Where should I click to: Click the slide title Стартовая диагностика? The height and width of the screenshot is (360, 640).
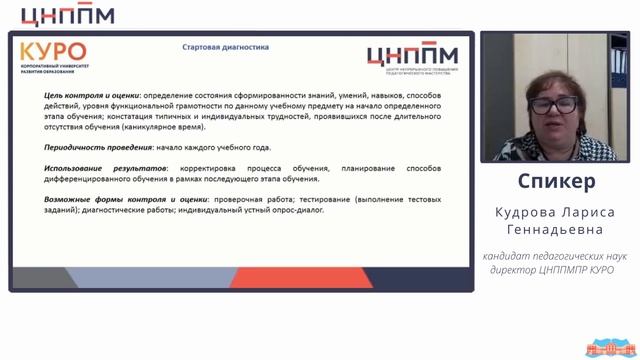pyautogui.click(x=225, y=47)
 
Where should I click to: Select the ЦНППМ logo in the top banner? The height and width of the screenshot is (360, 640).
pyautogui.click(x=67, y=14)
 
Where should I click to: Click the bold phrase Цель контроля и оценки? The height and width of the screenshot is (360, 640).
pyautogui.click(x=85, y=95)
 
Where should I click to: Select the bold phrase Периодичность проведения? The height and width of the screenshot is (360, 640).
pyautogui.click(x=88, y=147)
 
